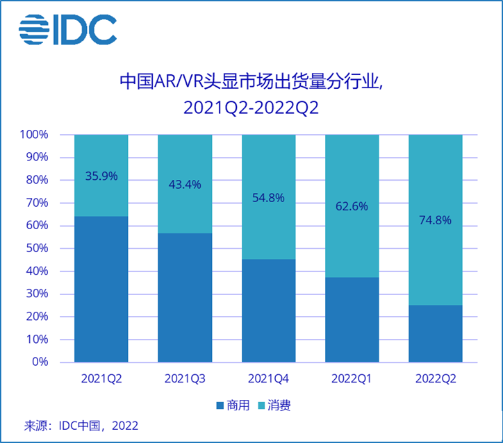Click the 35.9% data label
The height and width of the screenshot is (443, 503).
click(x=101, y=176)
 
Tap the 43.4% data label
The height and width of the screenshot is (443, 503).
click(x=185, y=185)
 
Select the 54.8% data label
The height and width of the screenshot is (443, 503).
click(x=268, y=198)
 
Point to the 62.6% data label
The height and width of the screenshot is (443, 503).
click(x=352, y=206)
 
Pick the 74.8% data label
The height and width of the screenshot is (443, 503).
click(x=435, y=220)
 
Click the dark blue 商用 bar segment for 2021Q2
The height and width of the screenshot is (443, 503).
click(x=101, y=289)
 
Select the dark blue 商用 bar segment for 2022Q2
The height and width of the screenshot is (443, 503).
click(x=435, y=333)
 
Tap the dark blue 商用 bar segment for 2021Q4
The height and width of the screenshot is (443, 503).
click(x=268, y=310)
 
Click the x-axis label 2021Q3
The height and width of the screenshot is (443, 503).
click(x=185, y=379)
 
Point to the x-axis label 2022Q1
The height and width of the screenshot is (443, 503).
click(x=352, y=379)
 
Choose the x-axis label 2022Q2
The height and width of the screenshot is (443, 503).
click(x=435, y=379)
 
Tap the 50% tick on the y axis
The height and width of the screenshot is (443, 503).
click(x=35, y=249)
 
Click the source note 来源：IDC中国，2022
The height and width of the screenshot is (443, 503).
click(x=81, y=426)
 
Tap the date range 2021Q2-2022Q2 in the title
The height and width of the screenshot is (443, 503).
click(x=251, y=109)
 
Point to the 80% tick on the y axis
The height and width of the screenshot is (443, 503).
click(x=35, y=181)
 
